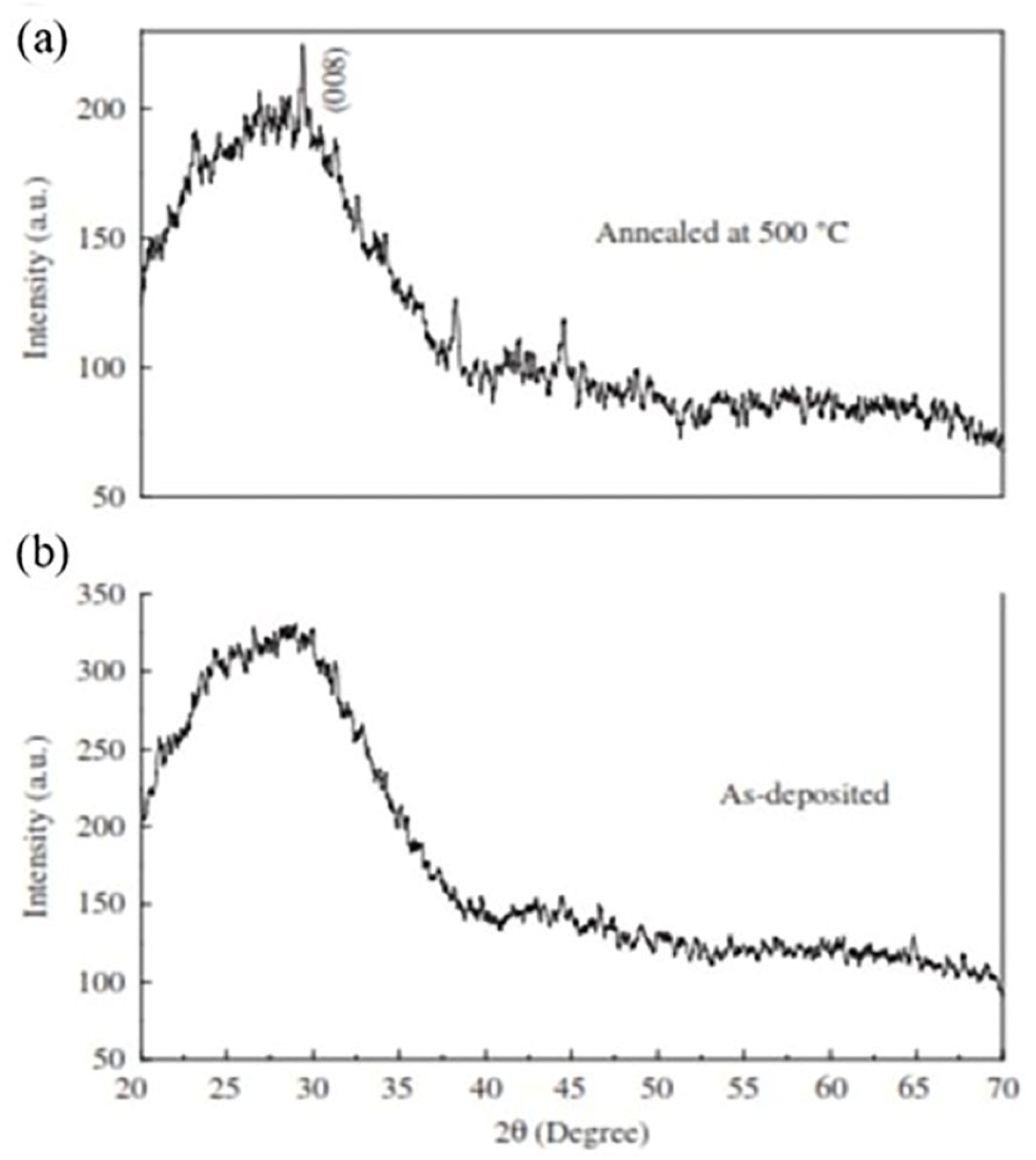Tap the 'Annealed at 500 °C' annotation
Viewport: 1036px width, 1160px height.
point(722,234)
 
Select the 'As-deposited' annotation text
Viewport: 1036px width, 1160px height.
point(804,795)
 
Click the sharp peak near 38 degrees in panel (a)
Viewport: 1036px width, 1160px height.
point(455,300)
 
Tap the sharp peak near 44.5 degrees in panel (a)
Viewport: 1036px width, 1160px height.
point(564,320)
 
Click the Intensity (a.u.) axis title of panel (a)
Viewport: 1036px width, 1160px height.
point(37,268)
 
